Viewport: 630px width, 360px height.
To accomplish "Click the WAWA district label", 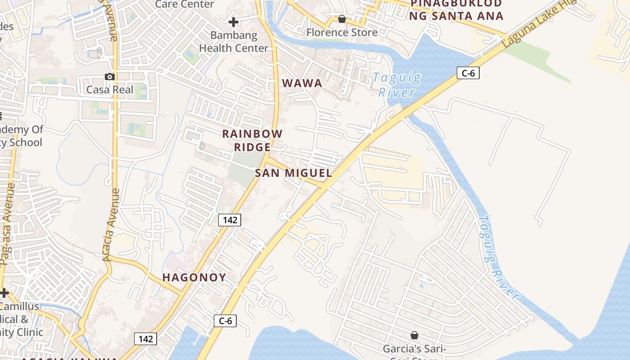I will (302, 83).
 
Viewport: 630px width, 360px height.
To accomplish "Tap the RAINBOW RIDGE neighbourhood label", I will (252, 140).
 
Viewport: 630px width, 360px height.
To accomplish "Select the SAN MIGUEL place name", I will (293, 173).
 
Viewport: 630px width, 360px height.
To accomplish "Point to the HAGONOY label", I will (194, 277).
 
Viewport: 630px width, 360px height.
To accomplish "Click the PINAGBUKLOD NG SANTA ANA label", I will (456, 10).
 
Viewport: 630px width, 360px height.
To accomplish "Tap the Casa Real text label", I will (110, 90).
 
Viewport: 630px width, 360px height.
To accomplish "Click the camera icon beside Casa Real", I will (109, 76).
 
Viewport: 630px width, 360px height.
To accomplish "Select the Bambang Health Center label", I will (234, 41).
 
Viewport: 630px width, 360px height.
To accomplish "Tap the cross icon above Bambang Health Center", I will (233, 22).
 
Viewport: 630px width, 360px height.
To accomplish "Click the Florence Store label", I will (342, 32).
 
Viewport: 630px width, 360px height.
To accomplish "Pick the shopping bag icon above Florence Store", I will (342, 19).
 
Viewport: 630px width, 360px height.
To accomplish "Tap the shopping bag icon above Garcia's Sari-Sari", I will (414, 335).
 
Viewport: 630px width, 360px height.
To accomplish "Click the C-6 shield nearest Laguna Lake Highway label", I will (468, 73).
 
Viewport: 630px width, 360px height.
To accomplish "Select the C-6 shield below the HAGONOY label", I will (225, 321).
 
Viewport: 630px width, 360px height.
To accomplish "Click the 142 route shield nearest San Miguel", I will (230, 220).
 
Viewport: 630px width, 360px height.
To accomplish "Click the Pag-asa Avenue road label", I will (7, 223).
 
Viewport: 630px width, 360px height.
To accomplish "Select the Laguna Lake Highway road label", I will (535, 25).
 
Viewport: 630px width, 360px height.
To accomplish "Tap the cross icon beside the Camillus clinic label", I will (4, 293).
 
